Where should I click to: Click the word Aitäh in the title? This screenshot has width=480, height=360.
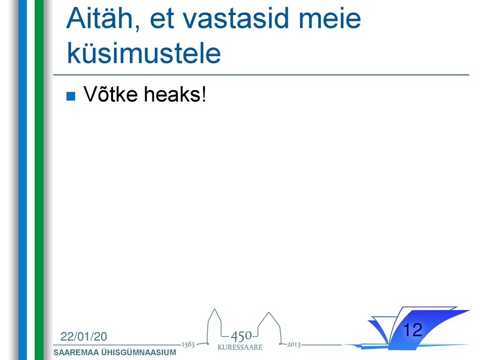pos(103,18)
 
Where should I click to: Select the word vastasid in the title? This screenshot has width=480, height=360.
pos(236,18)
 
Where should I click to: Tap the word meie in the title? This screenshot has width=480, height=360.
pos(330,18)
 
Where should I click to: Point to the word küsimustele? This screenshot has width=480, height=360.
pos(143,53)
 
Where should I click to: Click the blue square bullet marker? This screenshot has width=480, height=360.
pos(71,97)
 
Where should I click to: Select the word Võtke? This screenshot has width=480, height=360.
pos(111,94)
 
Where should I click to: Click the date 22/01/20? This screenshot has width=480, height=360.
pos(83,337)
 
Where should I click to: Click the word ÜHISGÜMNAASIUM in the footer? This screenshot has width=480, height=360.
pos(139,352)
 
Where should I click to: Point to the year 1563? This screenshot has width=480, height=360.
pos(188,345)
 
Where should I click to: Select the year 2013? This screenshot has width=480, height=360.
pos(293,345)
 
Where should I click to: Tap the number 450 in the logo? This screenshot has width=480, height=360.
pos(241,336)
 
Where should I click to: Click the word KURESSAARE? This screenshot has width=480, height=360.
pos(240,347)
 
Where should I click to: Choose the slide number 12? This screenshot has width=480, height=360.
pos(412,330)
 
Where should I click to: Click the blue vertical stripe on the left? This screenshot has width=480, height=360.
pos(22,180)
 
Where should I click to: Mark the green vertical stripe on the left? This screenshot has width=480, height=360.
pos(39,180)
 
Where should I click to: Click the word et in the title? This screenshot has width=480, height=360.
pos(162,19)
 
